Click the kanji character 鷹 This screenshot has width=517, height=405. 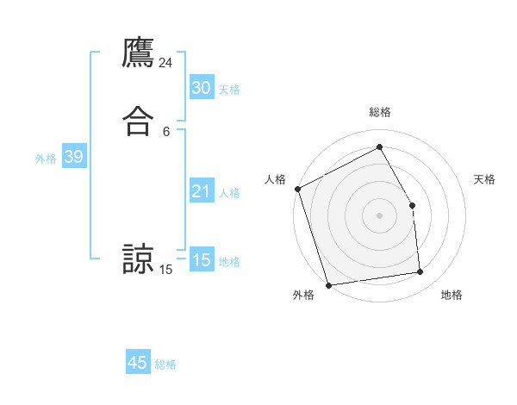point(138,52)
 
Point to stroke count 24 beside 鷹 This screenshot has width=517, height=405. point(166,63)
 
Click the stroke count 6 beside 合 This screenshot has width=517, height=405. point(166,132)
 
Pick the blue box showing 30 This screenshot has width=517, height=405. point(201,88)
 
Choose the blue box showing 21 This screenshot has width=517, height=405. point(201,191)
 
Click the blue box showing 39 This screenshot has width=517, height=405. point(73,157)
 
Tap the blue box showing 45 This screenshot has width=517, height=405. point(138,363)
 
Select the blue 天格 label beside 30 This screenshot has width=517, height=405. point(229,90)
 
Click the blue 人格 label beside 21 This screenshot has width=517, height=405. point(229,193)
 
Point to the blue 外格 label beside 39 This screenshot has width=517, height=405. point(46,159)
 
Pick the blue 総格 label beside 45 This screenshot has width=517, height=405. point(165,364)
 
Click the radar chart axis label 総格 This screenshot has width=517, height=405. point(379,112)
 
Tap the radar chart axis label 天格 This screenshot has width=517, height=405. point(485,179)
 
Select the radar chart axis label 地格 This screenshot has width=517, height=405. point(452,296)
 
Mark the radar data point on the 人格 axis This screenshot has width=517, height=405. point(297,189)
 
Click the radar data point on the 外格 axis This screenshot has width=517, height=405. point(328,284)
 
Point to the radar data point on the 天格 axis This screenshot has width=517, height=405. point(412,205)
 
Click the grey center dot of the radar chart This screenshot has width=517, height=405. point(379,215)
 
